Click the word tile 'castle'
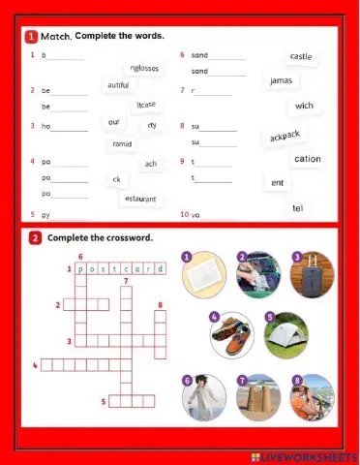[x=301, y=57]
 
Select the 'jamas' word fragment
[x=281, y=80]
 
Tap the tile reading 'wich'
[x=304, y=106]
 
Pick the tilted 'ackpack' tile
[x=285, y=136]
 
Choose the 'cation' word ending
[x=308, y=159]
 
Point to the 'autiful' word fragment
[x=116, y=85]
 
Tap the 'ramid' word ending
[x=122, y=143]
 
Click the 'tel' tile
[x=298, y=208]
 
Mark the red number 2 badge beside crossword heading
[x=35, y=237]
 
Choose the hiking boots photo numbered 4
[x=232, y=333]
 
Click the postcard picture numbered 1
[x=202, y=273]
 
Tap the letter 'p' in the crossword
[x=80, y=269]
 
